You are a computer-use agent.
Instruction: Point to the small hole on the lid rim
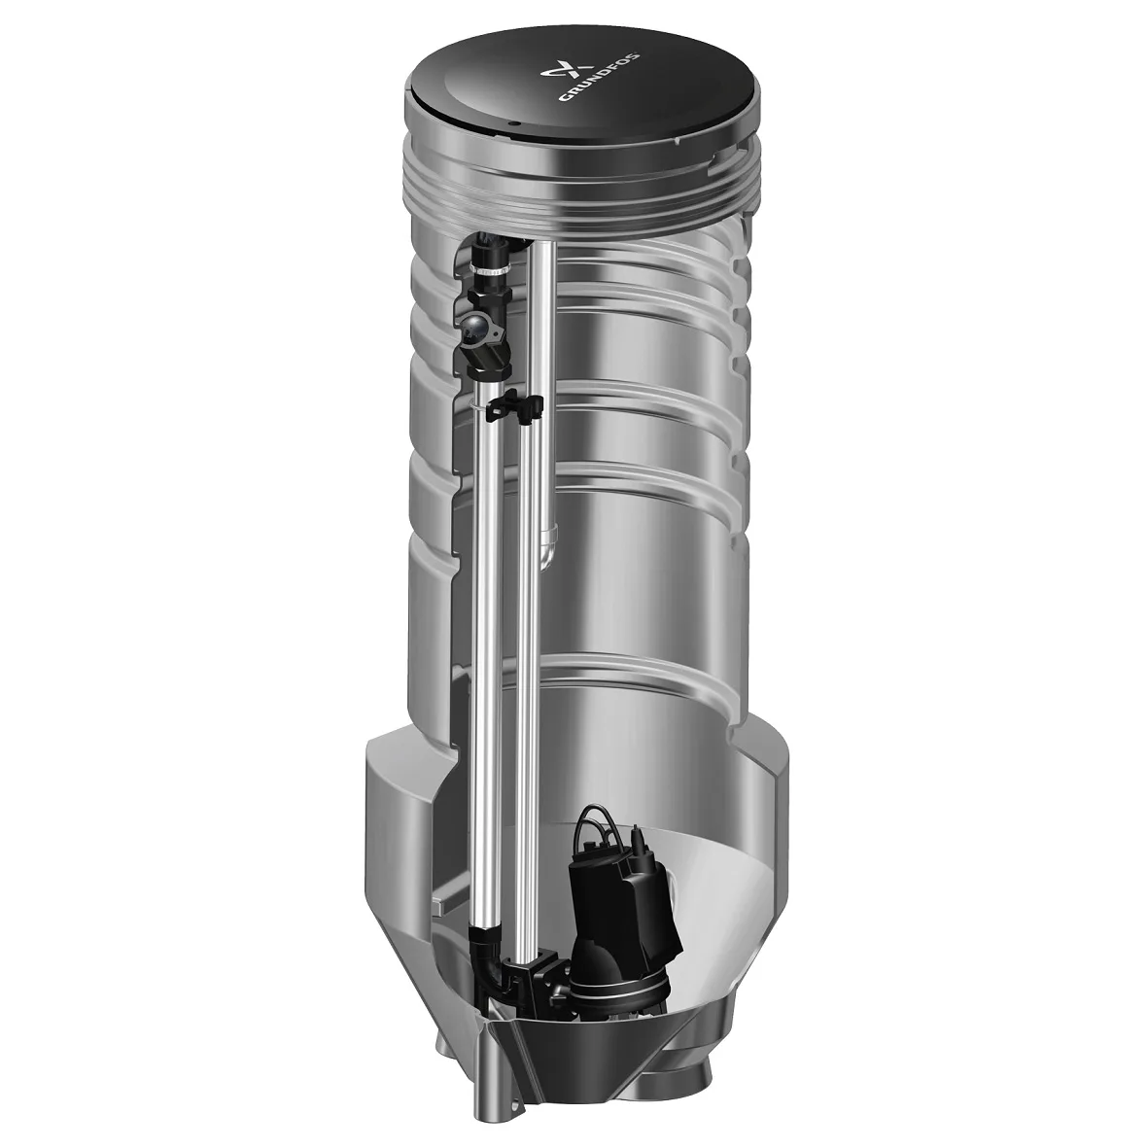pyautogui.click(x=518, y=124)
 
